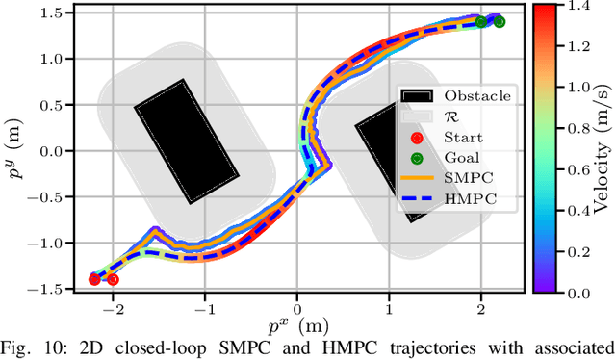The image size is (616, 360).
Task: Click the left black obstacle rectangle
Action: click(187, 141)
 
